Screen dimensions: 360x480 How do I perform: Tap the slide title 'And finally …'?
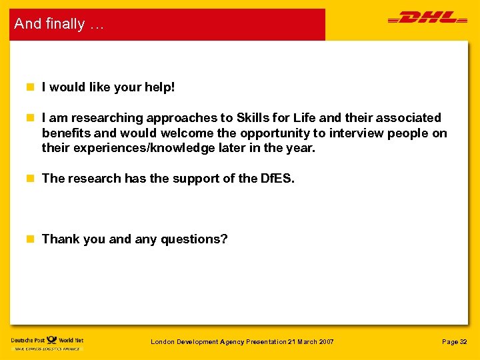(59, 24)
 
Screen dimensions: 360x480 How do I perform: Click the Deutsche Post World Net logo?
(47, 342)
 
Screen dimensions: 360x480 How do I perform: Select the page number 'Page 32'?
(455, 342)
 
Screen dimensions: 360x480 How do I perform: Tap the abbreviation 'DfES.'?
(277, 179)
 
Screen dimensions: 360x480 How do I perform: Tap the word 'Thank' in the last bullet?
(58, 239)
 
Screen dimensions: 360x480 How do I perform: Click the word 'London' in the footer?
(162, 342)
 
